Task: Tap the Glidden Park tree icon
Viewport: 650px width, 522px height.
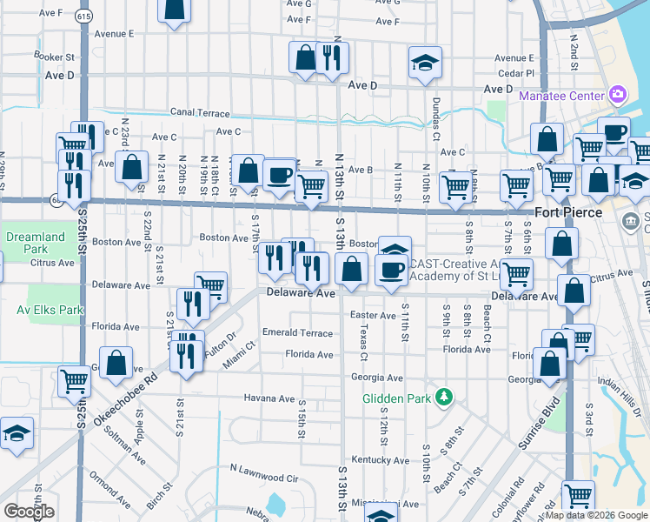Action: pyautogui.click(x=444, y=398)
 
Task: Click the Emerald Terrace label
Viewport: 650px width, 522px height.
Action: pyautogui.click(x=298, y=333)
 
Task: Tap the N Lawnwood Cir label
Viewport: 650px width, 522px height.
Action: pyautogui.click(x=264, y=478)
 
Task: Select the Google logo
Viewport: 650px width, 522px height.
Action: pyautogui.click(x=29, y=512)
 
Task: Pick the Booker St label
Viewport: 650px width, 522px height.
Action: pyautogui.click(x=51, y=57)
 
